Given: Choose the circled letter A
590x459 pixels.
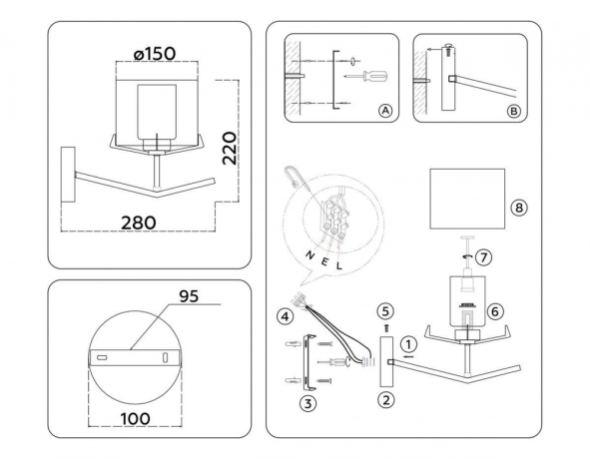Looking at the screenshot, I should [384, 111].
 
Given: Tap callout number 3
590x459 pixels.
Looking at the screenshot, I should [307, 402].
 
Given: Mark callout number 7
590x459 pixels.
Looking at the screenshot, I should [484, 257].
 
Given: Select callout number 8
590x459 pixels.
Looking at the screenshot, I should [517, 209].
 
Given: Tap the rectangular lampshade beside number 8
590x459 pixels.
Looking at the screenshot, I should [463, 198].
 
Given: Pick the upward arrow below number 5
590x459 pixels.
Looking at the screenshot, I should [386, 324].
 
